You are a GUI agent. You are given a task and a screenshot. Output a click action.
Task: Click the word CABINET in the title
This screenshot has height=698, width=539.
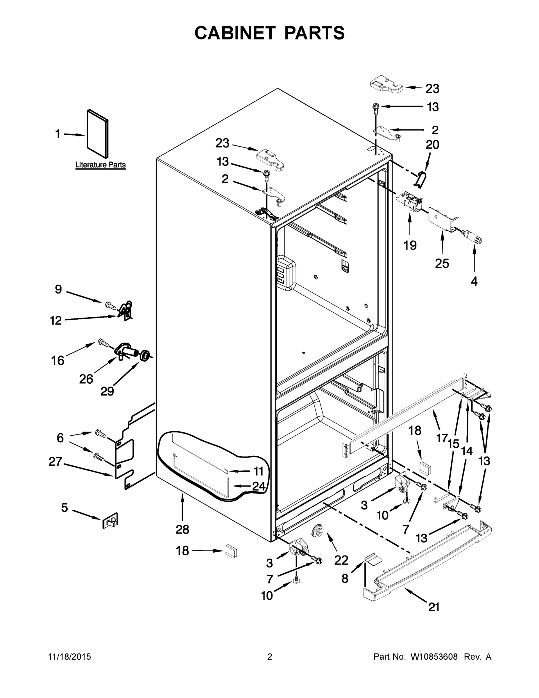[x=235, y=33]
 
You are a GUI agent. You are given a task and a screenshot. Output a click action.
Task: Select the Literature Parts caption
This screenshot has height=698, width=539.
[x=100, y=165]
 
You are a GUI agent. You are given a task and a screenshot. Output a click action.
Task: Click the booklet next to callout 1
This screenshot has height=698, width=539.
[x=97, y=133]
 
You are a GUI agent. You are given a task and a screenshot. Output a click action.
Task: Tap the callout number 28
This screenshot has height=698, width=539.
[x=182, y=529]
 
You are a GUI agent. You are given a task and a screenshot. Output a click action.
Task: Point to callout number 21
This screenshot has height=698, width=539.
[x=434, y=607]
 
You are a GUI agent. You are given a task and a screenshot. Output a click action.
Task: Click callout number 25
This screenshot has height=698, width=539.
[x=442, y=263]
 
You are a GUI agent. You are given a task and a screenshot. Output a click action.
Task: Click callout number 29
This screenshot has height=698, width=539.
[x=107, y=391]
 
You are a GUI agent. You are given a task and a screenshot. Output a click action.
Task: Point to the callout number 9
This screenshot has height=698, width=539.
[x=58, y=289]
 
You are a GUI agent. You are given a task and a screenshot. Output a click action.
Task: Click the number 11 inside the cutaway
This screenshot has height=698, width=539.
[x=258, y=471]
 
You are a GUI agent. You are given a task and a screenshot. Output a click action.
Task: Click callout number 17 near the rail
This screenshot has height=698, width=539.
[x=442, y=437]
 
